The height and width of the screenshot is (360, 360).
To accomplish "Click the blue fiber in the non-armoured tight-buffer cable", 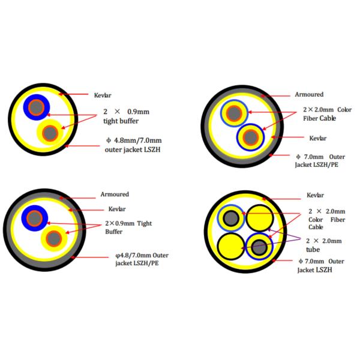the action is pos(37,107).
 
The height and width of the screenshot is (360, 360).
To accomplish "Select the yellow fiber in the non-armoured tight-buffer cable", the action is pos(50,133).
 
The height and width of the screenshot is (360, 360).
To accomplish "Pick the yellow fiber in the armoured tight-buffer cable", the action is pos(53,238).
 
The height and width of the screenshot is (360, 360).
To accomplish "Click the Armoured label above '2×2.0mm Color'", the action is pos(309,94).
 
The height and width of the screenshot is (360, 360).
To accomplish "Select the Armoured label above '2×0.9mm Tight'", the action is pos(114,194).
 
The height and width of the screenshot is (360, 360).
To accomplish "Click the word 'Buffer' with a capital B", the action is pos(114,231).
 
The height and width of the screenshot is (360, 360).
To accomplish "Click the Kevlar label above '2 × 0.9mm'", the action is pos(103,95).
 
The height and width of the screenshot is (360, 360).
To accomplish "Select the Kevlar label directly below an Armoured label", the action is pos(116,209).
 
